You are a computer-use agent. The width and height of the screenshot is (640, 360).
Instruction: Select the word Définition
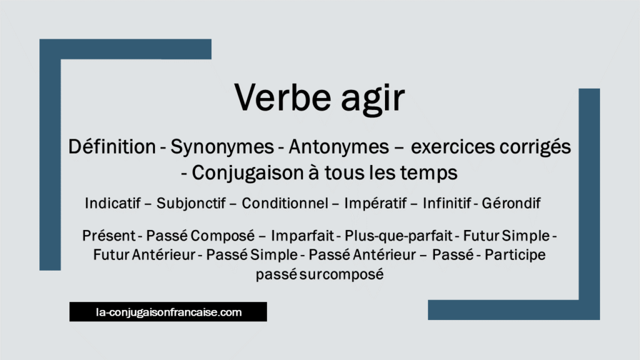(x=112, y=147)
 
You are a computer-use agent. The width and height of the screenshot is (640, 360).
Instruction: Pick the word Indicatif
(x=116, y=203)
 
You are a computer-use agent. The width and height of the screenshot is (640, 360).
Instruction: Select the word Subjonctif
(x=192, y=204)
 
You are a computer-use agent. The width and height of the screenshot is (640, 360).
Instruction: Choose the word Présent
(x=109, y=236)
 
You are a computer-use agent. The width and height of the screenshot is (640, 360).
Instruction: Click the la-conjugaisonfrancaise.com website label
(x=168, y=311)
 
